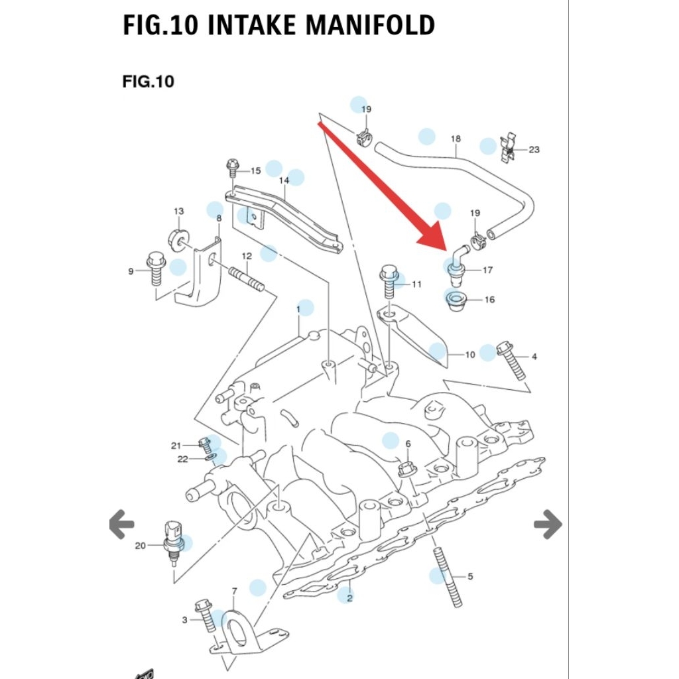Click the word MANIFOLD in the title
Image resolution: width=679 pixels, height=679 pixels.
[370, 25]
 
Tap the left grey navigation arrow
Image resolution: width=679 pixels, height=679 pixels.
[121, 525]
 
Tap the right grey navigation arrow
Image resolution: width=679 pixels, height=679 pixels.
[548, 525]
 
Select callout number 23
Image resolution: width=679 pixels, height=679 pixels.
[534, 150]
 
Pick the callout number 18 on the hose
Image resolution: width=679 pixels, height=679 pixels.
[456, 139]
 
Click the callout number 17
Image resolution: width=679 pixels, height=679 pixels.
[487, 270]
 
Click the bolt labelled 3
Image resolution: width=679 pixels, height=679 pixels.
[205, 616]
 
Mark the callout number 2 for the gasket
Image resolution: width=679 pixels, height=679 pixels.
[349, 598]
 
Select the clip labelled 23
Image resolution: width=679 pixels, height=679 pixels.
[507, 148]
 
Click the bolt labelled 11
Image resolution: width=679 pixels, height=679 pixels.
[389, 281]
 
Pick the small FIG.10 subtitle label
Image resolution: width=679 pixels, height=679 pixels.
[148, 82]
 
